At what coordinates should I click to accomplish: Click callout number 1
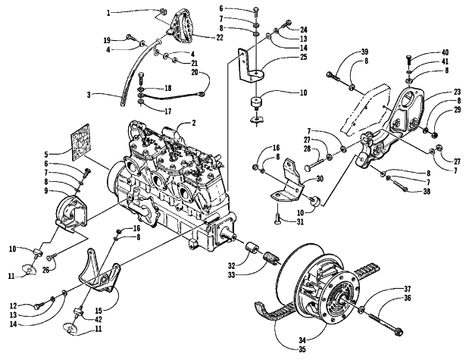[x=109, y=13]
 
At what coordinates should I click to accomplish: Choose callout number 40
[x=436, y=52]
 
